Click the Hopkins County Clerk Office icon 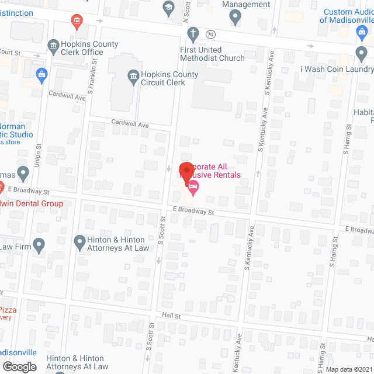pos(53,45)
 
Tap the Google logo pos(19,366)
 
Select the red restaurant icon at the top pos(76,23)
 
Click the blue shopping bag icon pos(41,74)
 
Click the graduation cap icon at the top pos(168,8)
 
